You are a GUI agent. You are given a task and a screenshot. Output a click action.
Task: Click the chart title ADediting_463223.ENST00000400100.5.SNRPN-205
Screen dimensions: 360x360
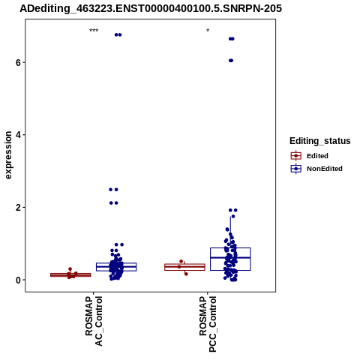click(x=151, y=8)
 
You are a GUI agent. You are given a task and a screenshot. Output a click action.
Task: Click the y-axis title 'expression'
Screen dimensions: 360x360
click(x=8, y=155)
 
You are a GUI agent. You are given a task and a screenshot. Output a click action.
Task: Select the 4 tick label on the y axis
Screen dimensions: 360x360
click(x=18, y=135)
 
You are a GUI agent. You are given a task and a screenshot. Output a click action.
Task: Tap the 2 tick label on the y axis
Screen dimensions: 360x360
click(x=18, y=208)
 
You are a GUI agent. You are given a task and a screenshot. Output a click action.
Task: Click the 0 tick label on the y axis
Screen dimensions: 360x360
click(x=18, y=280)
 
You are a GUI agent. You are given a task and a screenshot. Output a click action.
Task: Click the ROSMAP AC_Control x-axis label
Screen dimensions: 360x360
click(x=94, y=321)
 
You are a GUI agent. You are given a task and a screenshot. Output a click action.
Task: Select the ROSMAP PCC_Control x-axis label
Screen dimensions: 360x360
click(x=208, y=324)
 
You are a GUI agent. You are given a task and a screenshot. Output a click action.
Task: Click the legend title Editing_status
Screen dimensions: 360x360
click(x=320, y=141)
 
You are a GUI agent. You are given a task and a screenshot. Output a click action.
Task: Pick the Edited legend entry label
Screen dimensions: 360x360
click(x=317, y=156)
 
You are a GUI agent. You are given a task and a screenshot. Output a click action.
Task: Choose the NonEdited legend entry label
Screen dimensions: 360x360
click(x=325, y=169)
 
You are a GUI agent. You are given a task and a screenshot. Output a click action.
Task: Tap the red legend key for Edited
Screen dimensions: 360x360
click(x=296, y=156)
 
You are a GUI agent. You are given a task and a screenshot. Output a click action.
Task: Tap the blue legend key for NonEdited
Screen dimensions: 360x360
click(x=296, y=169)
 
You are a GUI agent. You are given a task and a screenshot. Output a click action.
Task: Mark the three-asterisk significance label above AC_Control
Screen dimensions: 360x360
click(x=94, y=31)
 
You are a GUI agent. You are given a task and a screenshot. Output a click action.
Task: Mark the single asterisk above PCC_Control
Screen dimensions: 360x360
click(x=208, y=31)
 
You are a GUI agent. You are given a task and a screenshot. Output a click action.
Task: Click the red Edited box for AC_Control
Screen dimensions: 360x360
click(x=70, y=274)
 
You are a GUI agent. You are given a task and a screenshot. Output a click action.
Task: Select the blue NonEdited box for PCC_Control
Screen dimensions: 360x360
click(x=230, y=259)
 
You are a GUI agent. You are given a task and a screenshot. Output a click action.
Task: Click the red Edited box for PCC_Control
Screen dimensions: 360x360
click(x=184, y=267)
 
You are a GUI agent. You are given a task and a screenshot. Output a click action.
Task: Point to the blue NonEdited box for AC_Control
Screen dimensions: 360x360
click(x=116, y=267)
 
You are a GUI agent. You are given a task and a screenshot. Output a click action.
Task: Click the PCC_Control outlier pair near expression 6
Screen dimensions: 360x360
click(x=231, y=61)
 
